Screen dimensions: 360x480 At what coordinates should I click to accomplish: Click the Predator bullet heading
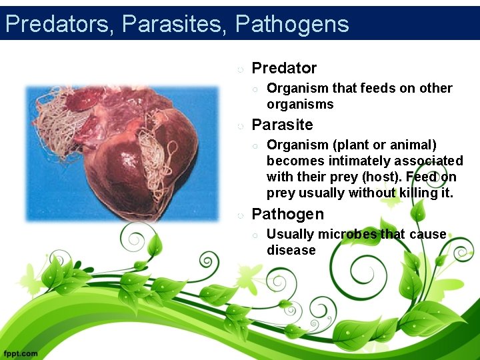[284, 68]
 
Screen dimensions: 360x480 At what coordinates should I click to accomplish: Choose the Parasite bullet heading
[282, 125]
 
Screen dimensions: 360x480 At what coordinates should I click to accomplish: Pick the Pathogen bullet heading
[287, 214]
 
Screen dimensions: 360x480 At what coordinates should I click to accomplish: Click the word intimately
[352, 161]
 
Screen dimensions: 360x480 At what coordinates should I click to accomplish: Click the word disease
[291, 250]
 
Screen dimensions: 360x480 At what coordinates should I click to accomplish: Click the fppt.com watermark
[21, 353]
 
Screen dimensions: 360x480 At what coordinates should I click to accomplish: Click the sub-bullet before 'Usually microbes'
[255, 235]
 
